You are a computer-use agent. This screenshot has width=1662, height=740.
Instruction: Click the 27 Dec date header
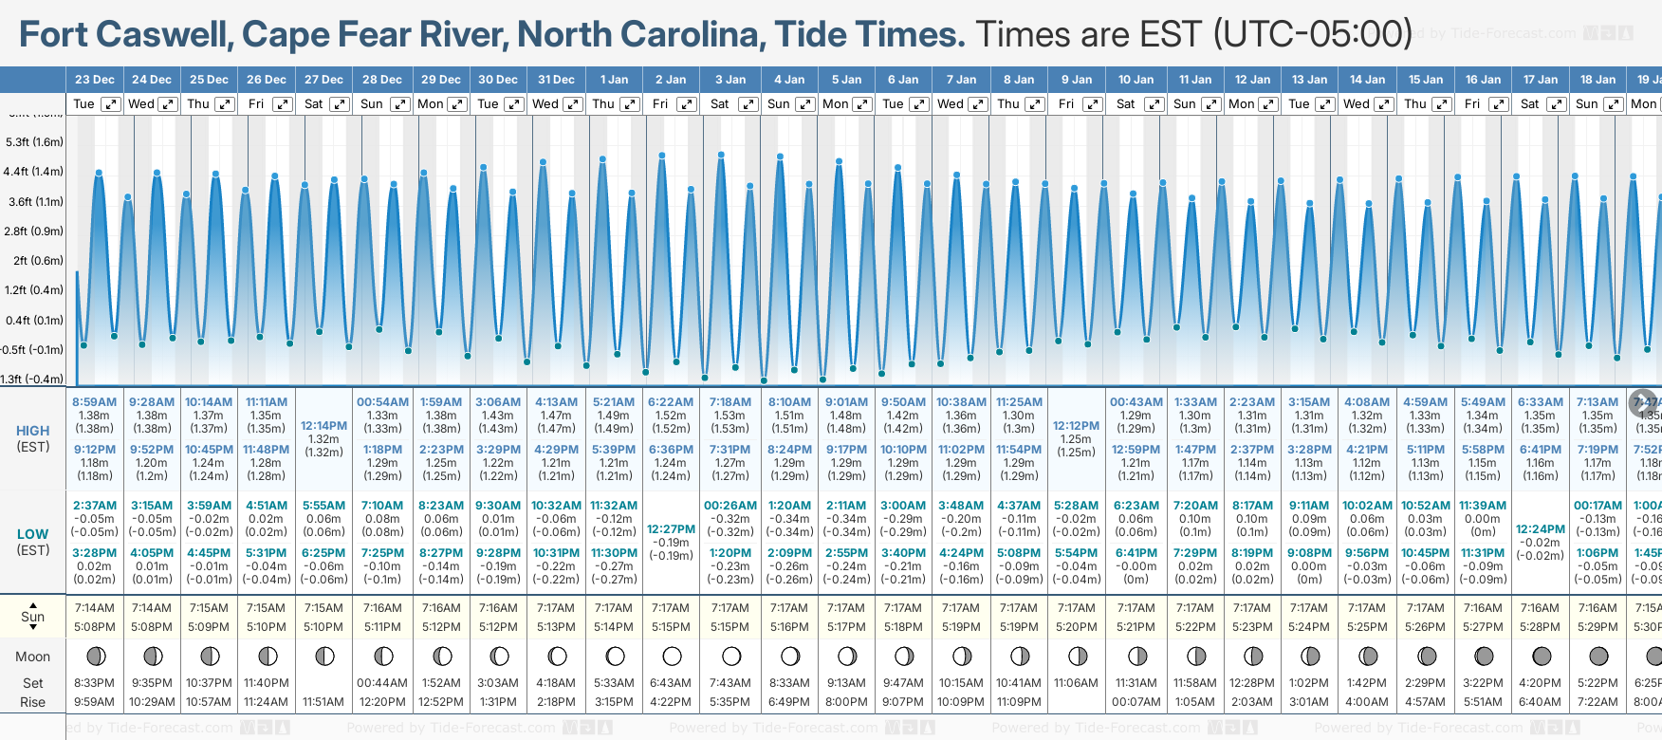tap(323, 80)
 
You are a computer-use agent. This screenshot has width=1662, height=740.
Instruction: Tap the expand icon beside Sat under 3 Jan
tap(748, 104)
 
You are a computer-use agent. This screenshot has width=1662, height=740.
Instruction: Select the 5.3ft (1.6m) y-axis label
tap(34, 142)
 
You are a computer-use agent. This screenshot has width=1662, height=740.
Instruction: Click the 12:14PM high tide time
tap(323, 426)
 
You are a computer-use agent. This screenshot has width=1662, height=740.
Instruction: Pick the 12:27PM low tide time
tap(671, 529)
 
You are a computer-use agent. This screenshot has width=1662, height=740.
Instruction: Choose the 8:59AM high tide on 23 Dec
tap(94, 402)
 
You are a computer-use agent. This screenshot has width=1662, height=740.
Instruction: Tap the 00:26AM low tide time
tap(730, 506)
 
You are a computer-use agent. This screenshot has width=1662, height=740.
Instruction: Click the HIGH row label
tap(32, 431)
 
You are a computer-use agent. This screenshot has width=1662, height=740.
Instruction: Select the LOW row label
tap(32, 534)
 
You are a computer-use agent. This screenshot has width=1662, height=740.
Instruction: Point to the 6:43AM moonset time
tap(671, 683)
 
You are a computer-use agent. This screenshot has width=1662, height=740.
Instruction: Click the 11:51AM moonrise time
tap(323, 702)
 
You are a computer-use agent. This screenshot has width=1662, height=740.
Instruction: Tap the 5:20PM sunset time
tap(1076, 627)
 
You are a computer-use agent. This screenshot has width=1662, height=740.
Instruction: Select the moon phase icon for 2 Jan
tap(672, 656)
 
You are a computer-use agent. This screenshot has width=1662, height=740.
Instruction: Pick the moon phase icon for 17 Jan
tap(1542, 656)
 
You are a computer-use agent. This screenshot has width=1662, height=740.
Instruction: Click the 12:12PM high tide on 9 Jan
tap(1076, 426)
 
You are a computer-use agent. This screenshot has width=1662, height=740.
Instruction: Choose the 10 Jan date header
tap(1136, 80)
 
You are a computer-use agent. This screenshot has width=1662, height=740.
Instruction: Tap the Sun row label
tap(32, 617)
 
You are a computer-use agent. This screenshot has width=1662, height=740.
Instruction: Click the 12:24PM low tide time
tap(1540, 529)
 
